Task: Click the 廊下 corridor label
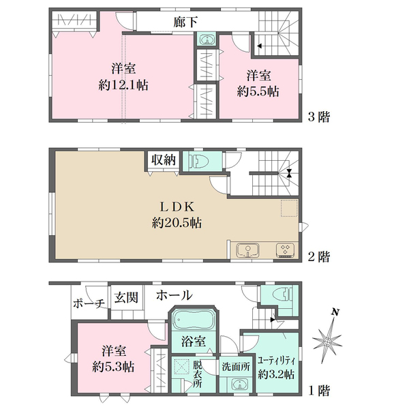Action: click(185, 22)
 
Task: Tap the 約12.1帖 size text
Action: click(123, 86)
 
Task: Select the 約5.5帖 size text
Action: click(258, 91)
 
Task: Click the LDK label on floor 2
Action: click(177, 207)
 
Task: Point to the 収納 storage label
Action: click(164, 160)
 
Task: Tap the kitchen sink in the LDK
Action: click(247, 250)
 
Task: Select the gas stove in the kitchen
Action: click(286, 250)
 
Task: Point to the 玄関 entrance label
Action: click(126, 297)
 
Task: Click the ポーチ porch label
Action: click(89, 303)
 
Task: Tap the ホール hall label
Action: click(175, 296)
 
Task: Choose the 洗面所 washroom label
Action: click(236, 367)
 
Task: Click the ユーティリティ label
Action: click(276, 361)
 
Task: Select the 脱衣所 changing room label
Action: click(197, 374)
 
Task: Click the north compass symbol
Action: click(327, 339)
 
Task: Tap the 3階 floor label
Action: click(319, 117)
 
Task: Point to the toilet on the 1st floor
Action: click(282, 294)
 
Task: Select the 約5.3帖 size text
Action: click(113, 367)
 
